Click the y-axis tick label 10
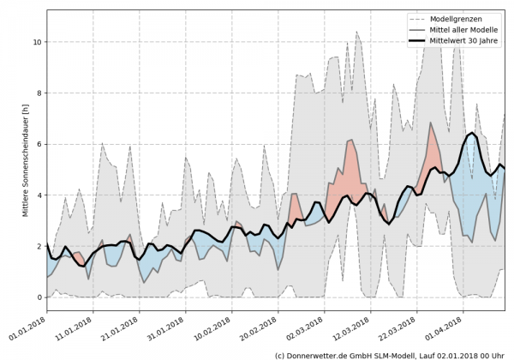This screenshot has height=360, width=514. coord(36,42)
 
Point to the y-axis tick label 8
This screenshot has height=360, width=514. coord(38,93)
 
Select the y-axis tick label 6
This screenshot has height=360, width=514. coord(38,144)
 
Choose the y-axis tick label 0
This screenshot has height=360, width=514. coord(38,297)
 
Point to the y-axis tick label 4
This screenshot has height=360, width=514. coord(38,195)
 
